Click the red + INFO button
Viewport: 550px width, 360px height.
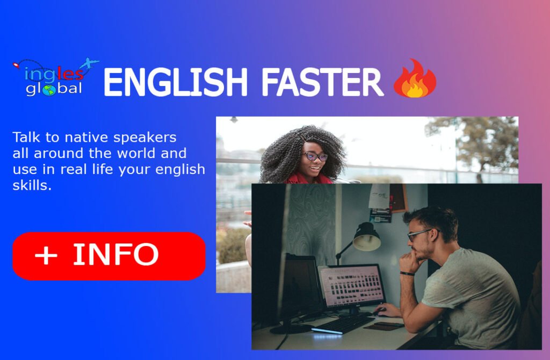tap(108, 256)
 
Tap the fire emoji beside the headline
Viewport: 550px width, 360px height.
tap(415, 78)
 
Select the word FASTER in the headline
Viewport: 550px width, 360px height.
tap(322, 82)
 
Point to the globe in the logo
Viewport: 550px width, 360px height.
tap(49, 90)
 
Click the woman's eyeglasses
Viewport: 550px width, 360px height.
tap(315, 156)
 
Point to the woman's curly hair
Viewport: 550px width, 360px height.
tap(280, 154)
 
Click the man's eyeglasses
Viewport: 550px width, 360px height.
tap(421, 234)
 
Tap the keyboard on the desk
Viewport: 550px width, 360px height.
tap(343, 324)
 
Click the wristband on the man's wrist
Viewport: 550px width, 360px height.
tap(407, 273)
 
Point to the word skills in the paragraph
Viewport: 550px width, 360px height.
tap(32, 185)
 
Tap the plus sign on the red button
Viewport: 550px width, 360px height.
tap(46, 255)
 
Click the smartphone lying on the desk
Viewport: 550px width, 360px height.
tap(384, 326)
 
